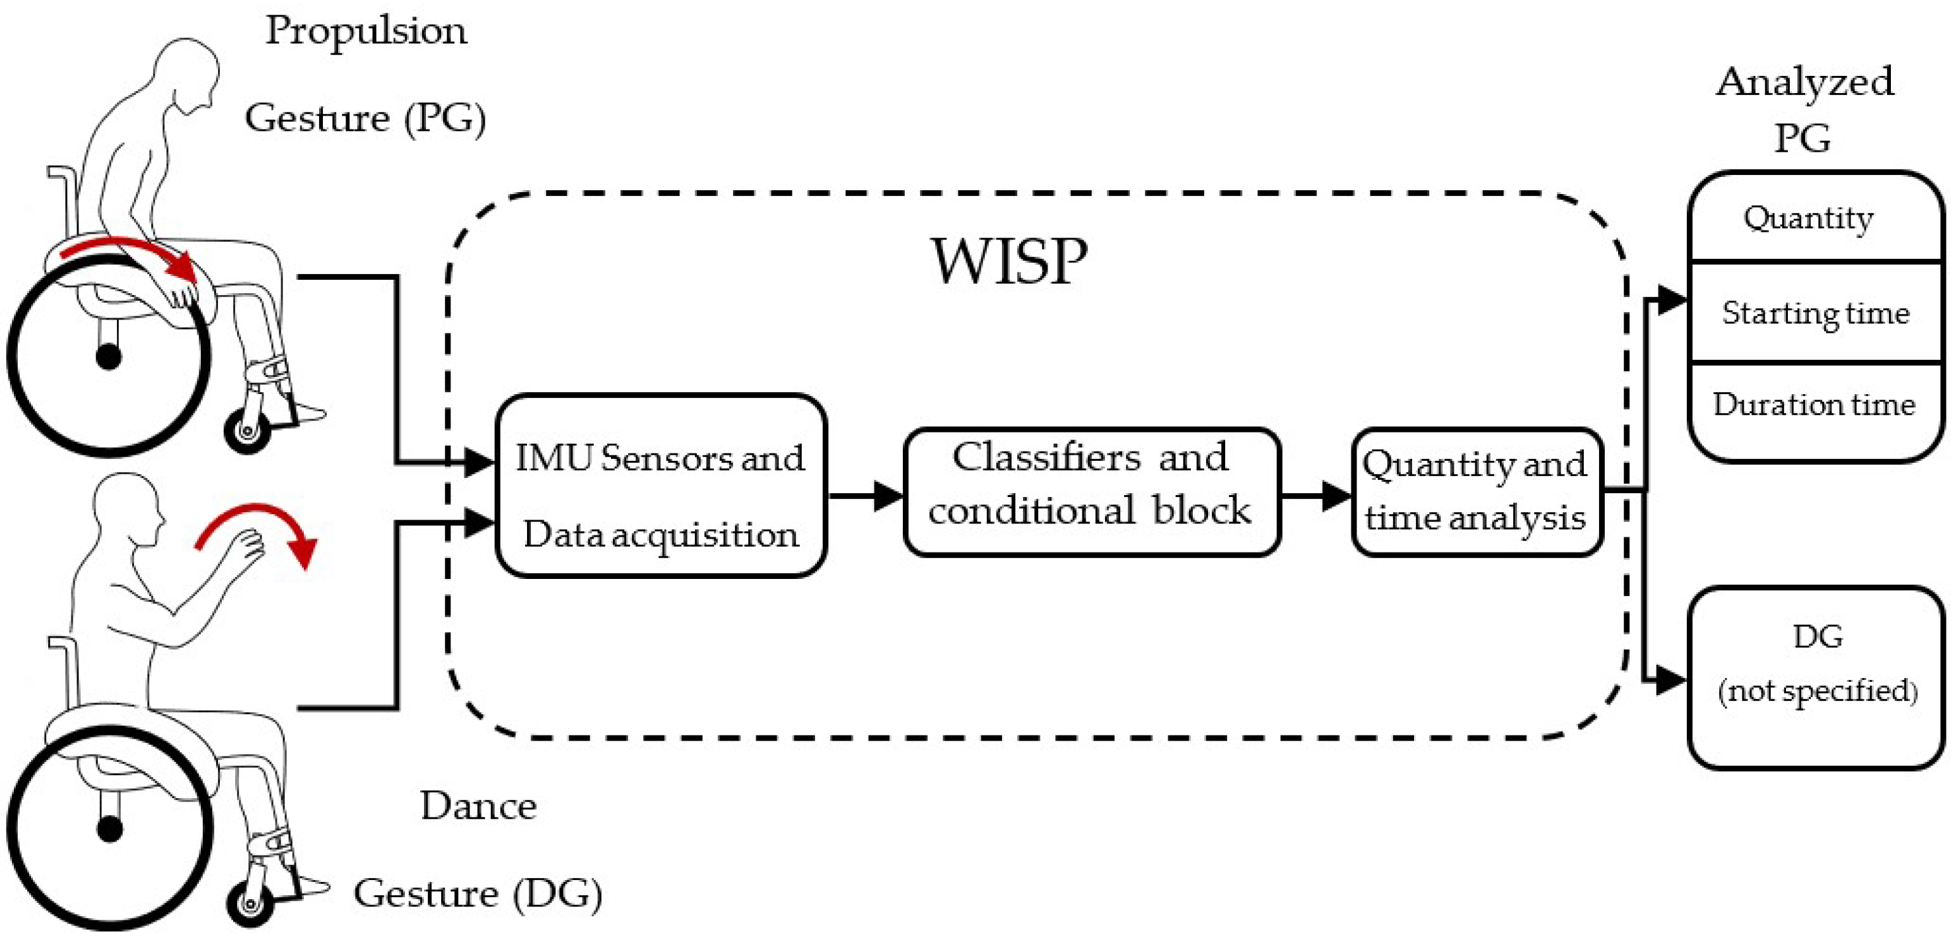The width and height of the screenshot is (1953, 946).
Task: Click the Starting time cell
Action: click(1816, 313)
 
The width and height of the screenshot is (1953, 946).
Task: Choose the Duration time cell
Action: click(1814, 405)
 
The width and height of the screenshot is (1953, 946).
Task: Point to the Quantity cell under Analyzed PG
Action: click(1808, 219)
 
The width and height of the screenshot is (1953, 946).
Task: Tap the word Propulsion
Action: click(366, 32)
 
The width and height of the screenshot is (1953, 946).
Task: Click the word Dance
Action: click(478, 806)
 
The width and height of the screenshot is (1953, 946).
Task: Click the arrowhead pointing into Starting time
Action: click(1670, 300)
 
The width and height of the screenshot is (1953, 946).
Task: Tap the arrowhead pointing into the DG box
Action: click(1670, 679)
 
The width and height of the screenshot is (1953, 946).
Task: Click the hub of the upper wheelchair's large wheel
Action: click(108, 357)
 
